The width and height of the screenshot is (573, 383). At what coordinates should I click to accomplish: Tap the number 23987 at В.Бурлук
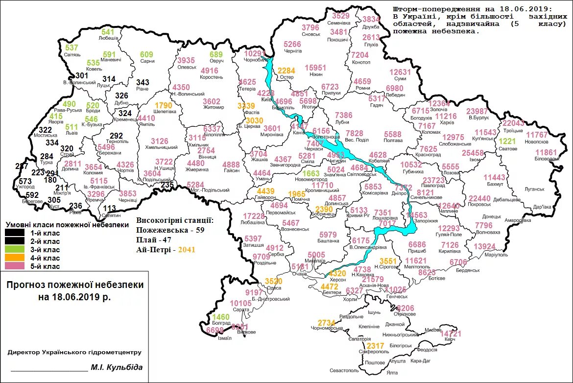point(477,111)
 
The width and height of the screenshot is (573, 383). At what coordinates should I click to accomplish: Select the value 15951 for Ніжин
point(315,67)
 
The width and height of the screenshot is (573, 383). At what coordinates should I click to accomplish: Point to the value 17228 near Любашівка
point(254,216)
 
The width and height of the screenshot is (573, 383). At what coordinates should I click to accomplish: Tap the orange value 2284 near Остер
point(286,71)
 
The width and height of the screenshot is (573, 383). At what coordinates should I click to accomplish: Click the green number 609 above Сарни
point(146,54)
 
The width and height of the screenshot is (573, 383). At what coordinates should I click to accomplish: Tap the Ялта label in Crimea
point(392,373)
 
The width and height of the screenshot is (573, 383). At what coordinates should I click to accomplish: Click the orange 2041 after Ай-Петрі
point(187,249)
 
